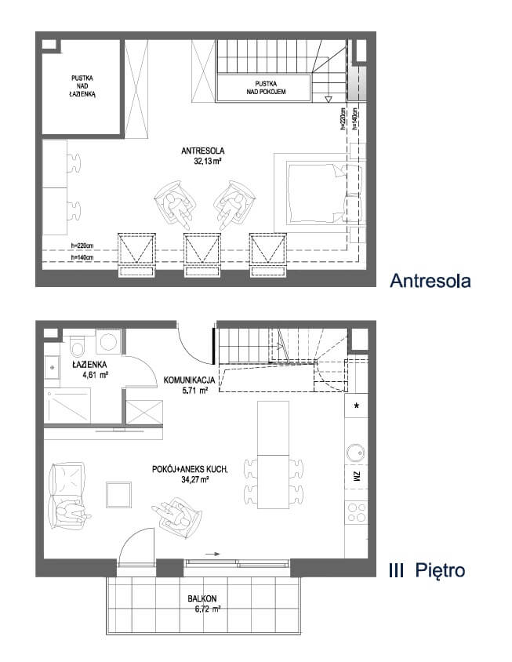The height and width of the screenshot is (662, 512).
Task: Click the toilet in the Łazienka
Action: click(78, 346)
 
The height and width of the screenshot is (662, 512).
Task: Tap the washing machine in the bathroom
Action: click(108, 341)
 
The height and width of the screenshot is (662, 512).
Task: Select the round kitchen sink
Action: click(355, 453)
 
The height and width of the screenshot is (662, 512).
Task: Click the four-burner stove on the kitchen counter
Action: click(356, 512)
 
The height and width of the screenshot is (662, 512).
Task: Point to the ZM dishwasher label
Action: click(357, 477)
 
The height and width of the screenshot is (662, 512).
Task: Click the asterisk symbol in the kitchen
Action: click(357, 406)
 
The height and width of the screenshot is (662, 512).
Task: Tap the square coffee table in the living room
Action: click(118, 494)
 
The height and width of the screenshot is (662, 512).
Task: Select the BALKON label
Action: click(202, 598)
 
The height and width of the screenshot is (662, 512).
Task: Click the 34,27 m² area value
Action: click(195, 479)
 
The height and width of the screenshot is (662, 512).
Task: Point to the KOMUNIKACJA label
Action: click(190, 380)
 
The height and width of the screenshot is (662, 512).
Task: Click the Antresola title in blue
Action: click(430, 281)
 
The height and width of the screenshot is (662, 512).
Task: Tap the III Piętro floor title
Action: click(427, 571)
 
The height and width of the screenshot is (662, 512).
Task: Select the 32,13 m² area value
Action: click(208, 161)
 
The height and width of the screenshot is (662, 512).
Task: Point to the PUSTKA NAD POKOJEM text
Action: click(266, 88)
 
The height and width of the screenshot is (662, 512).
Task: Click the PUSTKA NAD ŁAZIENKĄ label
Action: click(83, 86)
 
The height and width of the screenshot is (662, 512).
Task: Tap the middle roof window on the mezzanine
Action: click(202, 255)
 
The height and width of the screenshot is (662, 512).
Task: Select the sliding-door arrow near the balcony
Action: click(212, 554)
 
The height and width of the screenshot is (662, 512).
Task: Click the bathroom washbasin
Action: click(52, 367)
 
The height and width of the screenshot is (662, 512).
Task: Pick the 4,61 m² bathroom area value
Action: click(96, 374)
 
